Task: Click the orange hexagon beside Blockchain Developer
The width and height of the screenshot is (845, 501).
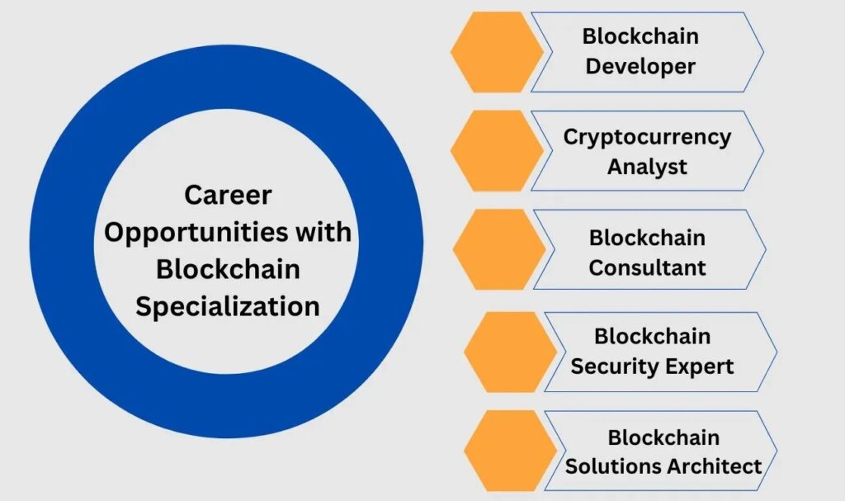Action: coord(497,51)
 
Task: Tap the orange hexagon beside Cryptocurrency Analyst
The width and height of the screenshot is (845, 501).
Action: coord(497,151)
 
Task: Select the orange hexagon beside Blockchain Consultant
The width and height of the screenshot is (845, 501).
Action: coord(498,249)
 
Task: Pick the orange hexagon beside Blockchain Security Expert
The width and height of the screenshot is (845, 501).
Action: coord(510,352)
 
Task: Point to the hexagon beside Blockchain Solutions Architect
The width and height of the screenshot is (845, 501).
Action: coord(510,451)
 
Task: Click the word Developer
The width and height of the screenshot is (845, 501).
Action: coord(640,67)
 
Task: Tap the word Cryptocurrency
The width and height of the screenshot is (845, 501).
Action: coord(647,136)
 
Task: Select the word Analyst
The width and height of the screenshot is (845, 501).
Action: coord(647,167)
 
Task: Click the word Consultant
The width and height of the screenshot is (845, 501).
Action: coord(647,267)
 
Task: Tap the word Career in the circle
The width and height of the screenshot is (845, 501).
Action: coord(228,196)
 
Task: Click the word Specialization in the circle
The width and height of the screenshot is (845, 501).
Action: coord(228,307)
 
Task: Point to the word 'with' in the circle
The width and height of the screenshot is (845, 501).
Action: coord(324,233)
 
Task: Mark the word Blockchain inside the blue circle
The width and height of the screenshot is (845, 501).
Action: coord(228,270)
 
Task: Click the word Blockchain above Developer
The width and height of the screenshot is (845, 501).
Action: coord(640,36)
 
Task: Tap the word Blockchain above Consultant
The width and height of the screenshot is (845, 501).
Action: coord(647,238)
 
